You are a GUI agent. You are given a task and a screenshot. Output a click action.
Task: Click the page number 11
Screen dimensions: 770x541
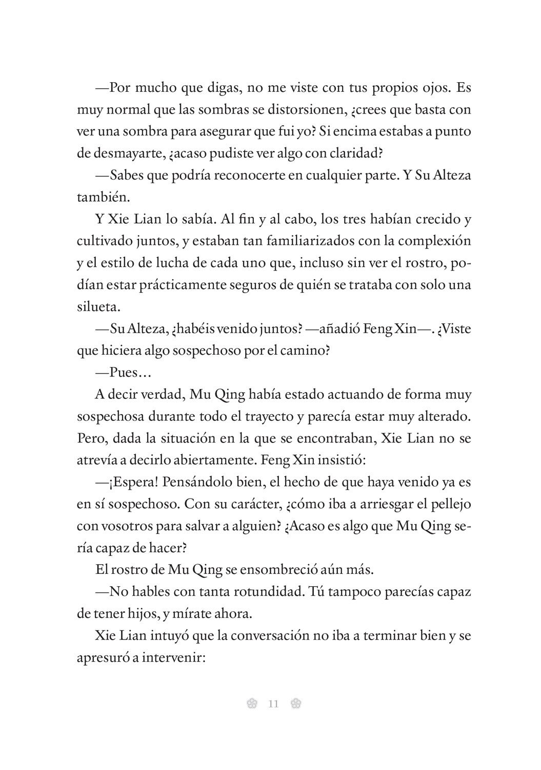tap(273, 703)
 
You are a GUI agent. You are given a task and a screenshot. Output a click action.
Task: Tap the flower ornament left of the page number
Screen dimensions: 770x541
tap(251, 703)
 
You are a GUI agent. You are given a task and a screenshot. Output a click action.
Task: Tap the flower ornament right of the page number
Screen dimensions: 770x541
tap(295, 703)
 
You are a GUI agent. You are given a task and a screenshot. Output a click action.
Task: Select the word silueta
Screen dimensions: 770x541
tap(98, 307)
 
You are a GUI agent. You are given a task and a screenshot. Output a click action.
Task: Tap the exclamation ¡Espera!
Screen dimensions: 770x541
tap(130, 483)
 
